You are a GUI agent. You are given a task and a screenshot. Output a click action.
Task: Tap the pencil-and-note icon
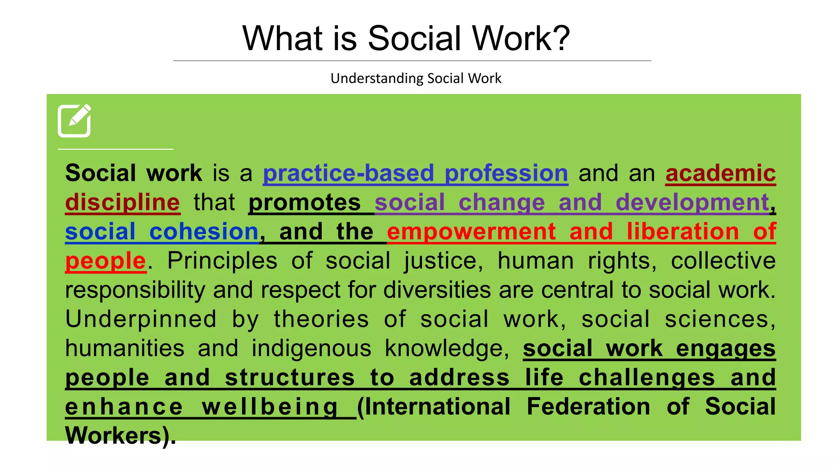[75, 121]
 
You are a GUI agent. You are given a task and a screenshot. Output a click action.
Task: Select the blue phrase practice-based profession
[415, 173]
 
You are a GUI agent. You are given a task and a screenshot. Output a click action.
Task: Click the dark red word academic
[720, 173]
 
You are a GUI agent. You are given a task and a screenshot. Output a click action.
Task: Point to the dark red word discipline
[123, 202]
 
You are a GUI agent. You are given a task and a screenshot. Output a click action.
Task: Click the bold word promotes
[305, 202]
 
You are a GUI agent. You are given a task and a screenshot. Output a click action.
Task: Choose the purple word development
[692, 202]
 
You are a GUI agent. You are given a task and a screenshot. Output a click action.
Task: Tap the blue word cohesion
[204, 232]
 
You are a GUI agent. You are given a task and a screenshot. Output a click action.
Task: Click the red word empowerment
[471, 232]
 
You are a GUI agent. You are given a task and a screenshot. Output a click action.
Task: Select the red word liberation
[683, 232]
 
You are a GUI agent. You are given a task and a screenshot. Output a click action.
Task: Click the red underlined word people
[105, 261]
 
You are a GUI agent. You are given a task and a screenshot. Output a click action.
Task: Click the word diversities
[437, 290]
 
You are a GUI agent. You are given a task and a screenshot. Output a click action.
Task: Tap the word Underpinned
[141, 319]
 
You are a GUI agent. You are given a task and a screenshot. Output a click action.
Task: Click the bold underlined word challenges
[647, 378]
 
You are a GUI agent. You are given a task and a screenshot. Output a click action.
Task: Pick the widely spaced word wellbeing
[270, 407]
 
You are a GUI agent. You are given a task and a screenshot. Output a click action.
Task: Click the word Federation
[588, 407]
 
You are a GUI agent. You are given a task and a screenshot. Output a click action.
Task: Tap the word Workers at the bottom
[114, 436]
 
